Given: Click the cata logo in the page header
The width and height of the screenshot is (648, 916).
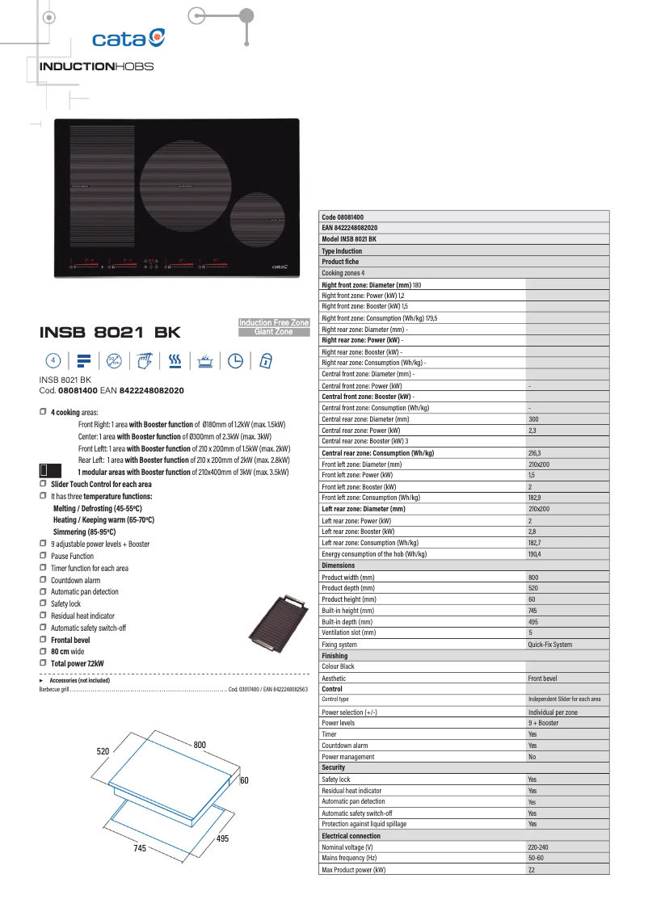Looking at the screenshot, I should point(128,38).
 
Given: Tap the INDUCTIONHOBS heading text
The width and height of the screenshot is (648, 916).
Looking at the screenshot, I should point(96,66).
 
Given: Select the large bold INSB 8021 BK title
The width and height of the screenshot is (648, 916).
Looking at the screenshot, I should point(110,333).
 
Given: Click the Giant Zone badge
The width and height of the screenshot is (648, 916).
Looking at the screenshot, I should point(274,332).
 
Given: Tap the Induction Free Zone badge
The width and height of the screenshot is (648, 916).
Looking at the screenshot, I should point(274,323).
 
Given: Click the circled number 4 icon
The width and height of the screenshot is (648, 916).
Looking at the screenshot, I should point(53,360).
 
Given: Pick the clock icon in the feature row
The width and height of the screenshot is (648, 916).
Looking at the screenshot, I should point(235,360).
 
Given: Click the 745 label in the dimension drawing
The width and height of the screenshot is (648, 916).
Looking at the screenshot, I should point(140,849).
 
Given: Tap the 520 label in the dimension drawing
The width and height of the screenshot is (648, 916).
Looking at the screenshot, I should point(103,751).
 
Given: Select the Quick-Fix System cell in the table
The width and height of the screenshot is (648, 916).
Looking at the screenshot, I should point(549,645).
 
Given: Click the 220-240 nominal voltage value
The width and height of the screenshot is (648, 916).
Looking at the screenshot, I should point(539,847).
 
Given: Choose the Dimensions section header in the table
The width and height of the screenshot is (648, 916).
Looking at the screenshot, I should point(339,565).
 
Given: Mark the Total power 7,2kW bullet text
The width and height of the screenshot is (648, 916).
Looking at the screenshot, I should point(78,663).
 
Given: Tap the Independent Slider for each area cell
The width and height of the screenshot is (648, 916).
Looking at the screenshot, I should point(564,700).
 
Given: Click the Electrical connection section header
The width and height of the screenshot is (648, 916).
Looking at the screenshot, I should point(351,835).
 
